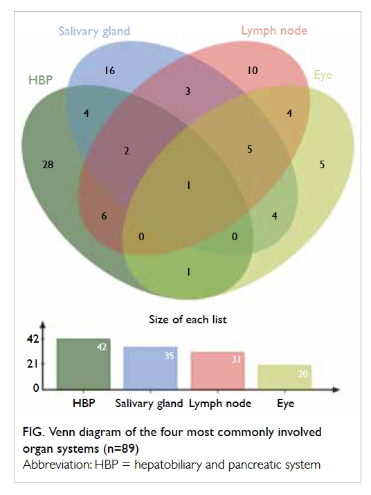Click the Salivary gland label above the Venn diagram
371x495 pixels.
pyautogui.click(x=94, y=32)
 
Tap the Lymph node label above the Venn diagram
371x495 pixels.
pyautogui.click(x=274, y=31)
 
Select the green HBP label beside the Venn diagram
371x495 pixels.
pyautogui.click(x=40, y=80)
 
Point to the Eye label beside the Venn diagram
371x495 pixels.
pyautogui.click(x=323, y=75)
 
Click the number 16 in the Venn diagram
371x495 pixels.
pyautogui.click(x=109, y=71)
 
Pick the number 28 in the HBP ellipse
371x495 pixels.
pyautogui.click(x=48, y=165)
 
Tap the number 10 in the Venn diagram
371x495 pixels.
pyautogui.click(x=253, y=71)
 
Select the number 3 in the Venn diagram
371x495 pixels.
pyautogui.click(x=188, y=91)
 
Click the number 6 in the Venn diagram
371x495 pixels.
pyautogui.click(x=104, y=216)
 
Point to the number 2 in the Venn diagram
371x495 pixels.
pyautogui.click(x=126, y=151)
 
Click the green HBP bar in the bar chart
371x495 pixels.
pyautogui.click(x=83, y=363)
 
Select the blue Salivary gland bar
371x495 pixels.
pyautogui.click(x=150, y=368)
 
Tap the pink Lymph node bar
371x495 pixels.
pyautogui.click(x=217, y=370)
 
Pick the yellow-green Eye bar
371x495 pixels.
pyautogui.click(x=284, y=377)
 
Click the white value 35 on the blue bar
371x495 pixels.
pyautogui.click(x=169, y=356)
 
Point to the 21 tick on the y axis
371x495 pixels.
pyautogui.click(x=33, y=364)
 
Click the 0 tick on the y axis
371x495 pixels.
pyautogui.click(x=36, y=388)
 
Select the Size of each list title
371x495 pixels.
pyautogui.click(x=188, y=319)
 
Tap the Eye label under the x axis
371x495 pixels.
pyautogui.click(x=285, y=404)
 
